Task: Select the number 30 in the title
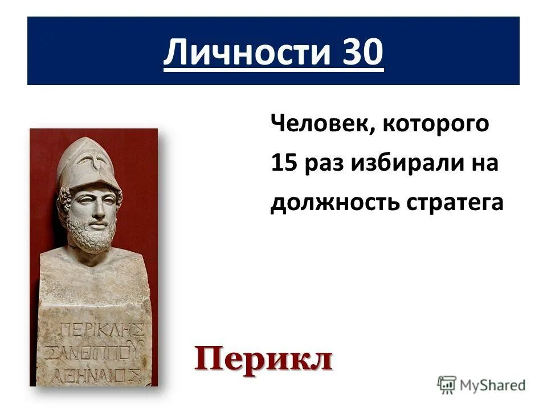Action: click(362, 53)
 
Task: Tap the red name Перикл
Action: click(263, 360)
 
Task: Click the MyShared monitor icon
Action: click(447, 385)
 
